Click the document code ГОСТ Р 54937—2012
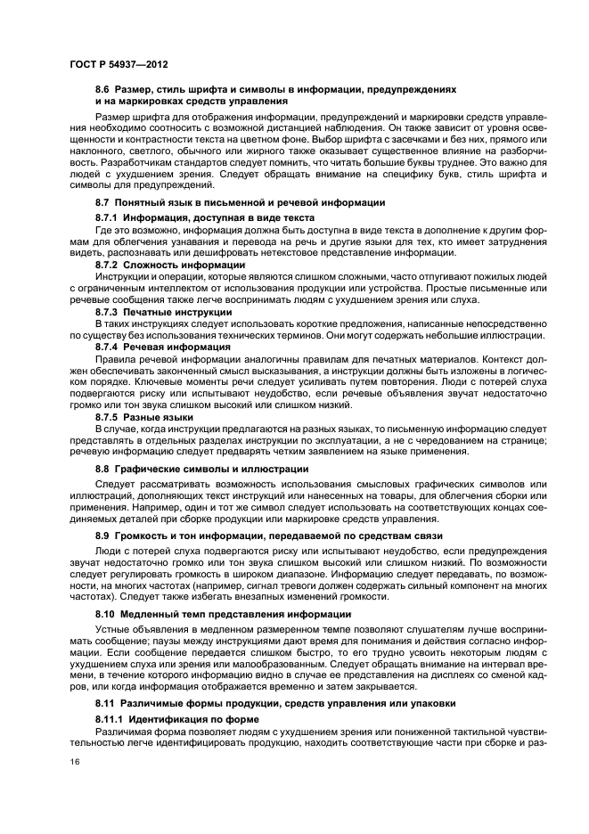(x=119, y=65)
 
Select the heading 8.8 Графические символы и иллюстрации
(x=202, y=469)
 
